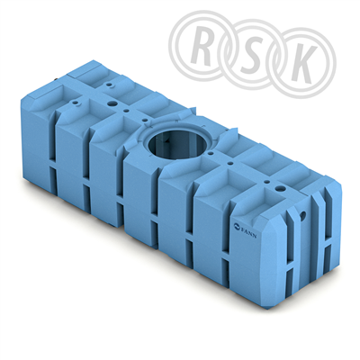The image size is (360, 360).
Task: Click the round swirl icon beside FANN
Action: tap(237, 226)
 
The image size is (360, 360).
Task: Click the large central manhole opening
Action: tap(178, 143)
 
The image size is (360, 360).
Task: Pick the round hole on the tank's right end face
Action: tap(303, 215)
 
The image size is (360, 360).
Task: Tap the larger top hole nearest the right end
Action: tap(281, 189)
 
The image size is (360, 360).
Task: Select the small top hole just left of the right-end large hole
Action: tap(266, 182)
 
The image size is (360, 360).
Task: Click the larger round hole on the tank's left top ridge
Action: tap(112, 104)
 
